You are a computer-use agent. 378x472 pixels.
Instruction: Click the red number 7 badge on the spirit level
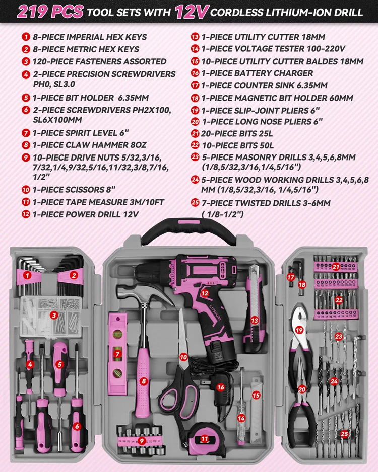coord(117,354)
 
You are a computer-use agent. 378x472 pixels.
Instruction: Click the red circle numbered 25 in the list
coord(195,203)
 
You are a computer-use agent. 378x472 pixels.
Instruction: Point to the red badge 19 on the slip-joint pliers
coord(299,330)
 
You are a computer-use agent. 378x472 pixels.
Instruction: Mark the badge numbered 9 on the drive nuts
coord(142,441)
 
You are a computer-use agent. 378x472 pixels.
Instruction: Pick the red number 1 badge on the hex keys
coord(27,275)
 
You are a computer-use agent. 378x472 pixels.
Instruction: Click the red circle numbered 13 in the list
coord(195,37)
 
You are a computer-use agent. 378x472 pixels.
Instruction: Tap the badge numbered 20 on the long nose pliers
coord(302,389)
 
